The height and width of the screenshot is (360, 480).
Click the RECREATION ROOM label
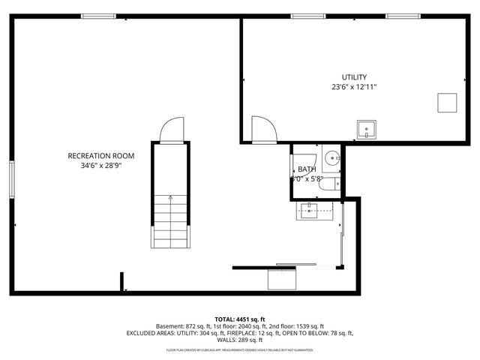pyautogui.click(x=100, y=156)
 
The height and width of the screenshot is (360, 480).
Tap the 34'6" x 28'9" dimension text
pyautogui.click(x=100, y=166)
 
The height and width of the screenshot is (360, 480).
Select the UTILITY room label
pyautogui.click(x=354, y=77)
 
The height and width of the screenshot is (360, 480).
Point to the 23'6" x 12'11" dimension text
pyautogui.click(x=354, y=87)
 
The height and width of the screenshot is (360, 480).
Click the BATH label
pyautogui.click(x=307, y=169)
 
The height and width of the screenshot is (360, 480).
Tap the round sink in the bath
pyautogui.click(x=332, y=157)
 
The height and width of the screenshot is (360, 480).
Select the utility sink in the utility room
pyautogui.click(x=367, y=130)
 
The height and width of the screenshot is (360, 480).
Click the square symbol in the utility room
pyautogui.click(x=448, y=102)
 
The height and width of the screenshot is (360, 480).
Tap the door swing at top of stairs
pyautogui.click(x=171, y=130)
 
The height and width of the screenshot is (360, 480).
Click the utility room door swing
pyautogui.click(x=263, y=129)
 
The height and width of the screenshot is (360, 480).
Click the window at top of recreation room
pyautogui.click(x=98, y=16)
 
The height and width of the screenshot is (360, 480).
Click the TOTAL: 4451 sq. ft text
pyautogui.click(x=240, y=319)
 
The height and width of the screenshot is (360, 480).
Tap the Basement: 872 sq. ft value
pyautogui.click(x=182, y=326)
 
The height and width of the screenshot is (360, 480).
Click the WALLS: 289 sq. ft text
pyautogui.click(x=240, y=340)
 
